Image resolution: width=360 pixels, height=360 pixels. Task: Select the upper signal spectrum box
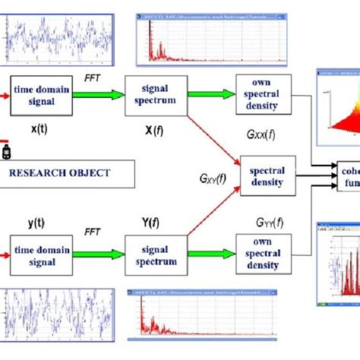(155, 94)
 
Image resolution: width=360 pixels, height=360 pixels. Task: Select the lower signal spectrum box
(155, 255)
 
